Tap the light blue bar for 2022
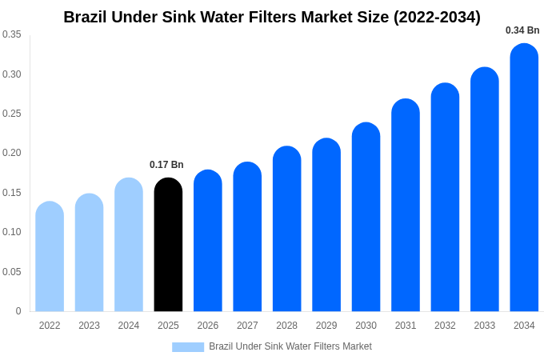pos(50,257)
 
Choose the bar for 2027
pos(247,237)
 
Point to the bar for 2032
pos(445,198)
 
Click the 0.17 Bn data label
pos(166,165)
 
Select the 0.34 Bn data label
pos(522,30)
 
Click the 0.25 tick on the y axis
pos(12,114)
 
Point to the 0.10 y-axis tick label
pos(12,232)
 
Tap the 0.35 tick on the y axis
pos(12,34)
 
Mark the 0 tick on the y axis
pos(18,311)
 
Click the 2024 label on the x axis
pos(129,326)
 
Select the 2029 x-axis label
pos(326,326)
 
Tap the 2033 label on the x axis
pos(484,326)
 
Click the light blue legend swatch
pos(188,347)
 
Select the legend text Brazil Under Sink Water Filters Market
pos(290,346)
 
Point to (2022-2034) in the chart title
pos(437,17)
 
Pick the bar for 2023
pos(89,253)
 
